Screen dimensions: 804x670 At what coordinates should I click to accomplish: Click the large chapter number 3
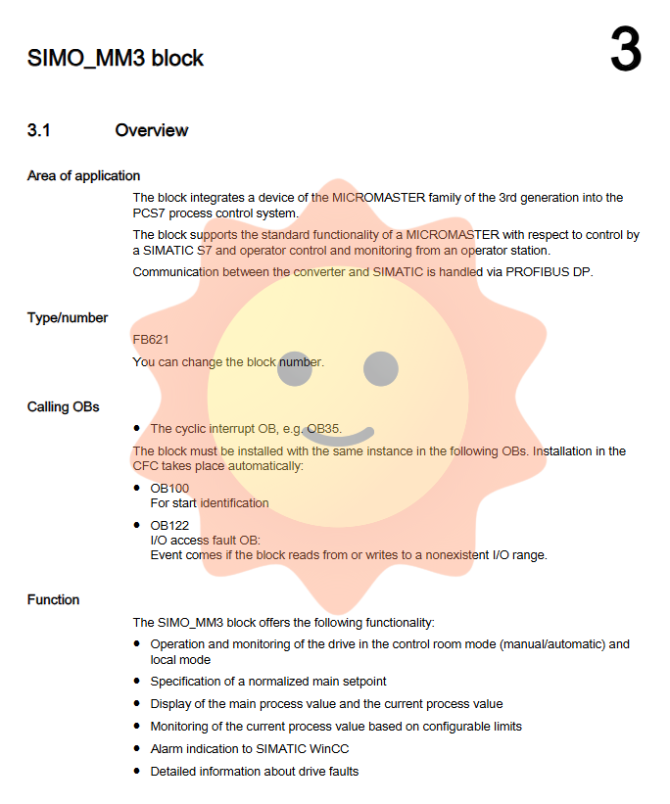(626, 51)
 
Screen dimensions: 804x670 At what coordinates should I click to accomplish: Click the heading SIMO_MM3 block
(116, 59)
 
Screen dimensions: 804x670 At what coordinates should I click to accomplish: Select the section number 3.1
(39, 130)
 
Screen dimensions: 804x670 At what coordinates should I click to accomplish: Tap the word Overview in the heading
(152, 130)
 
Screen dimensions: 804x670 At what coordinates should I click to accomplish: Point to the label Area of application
(83, 176)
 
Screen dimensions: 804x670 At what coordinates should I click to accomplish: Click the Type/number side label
(68, 317)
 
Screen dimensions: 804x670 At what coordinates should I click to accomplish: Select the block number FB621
(151, 340)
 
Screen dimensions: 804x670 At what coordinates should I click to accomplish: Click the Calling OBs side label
(64, 406)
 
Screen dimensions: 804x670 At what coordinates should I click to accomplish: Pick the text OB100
(169, 488)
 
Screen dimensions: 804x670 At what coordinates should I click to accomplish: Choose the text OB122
(169, 525)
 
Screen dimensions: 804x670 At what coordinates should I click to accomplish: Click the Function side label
(54, 599)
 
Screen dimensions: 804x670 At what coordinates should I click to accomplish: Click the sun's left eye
(294, 369)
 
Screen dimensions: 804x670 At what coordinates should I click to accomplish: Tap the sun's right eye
(381, 369)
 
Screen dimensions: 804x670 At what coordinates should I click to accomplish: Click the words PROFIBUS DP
(550, 271)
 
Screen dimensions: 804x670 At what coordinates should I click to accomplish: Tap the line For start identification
(209, 502)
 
